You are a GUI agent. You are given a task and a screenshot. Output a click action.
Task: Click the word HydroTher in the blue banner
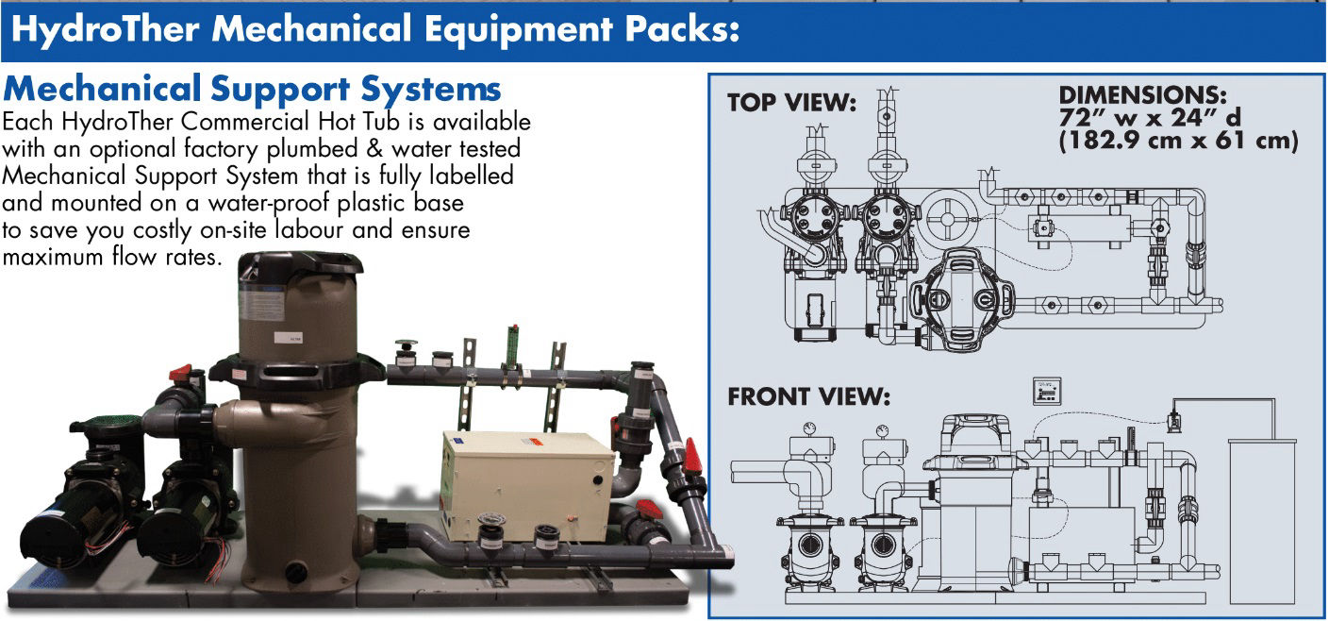105,29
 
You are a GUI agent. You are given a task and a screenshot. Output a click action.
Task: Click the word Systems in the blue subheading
431,90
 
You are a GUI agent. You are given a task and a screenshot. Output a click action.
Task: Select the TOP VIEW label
792,103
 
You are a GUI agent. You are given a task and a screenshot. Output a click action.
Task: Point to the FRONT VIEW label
809,396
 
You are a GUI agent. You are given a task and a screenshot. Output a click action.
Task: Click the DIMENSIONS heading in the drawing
1142,95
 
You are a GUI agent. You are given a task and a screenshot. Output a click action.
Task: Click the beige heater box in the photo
528,486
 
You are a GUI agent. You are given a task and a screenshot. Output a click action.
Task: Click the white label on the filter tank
289,338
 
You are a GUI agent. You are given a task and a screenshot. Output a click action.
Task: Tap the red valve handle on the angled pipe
691,456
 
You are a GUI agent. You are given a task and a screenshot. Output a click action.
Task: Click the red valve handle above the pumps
180,373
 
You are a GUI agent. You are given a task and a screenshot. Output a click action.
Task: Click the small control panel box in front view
1047,392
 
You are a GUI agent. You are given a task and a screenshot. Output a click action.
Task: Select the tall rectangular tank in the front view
1261,521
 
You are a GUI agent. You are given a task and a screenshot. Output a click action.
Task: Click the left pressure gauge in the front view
810,428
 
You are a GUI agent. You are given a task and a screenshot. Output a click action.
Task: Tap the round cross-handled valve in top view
948,219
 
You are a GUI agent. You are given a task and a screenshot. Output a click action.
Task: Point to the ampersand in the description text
374,148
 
